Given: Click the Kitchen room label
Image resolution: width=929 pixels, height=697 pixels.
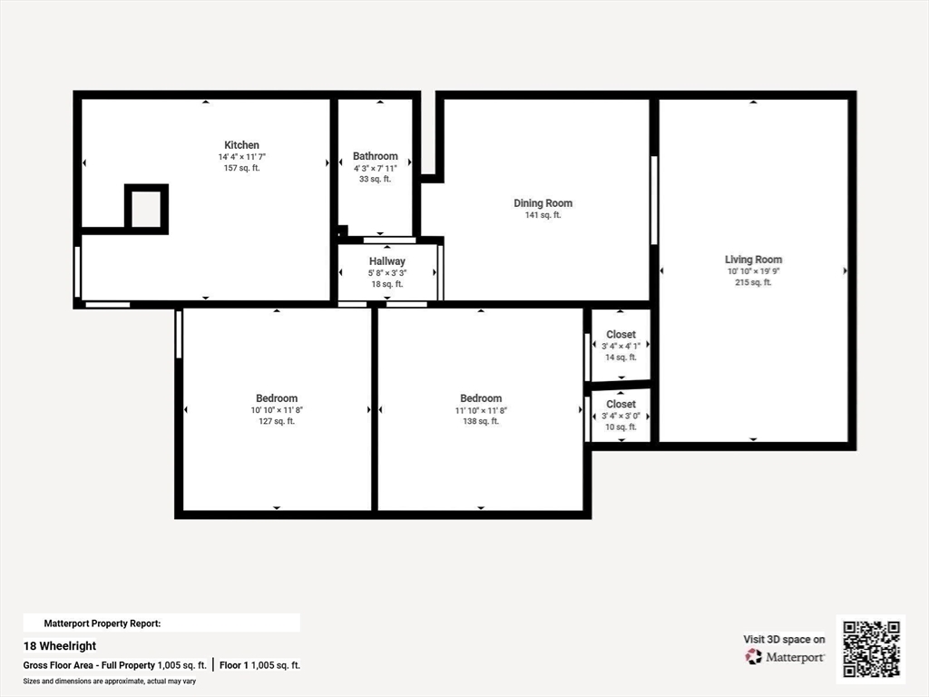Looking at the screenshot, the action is tap(241, 144).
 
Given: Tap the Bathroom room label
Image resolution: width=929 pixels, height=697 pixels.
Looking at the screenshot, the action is tap(375, 156).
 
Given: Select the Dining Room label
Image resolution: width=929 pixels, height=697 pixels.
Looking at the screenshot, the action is tap(543, 202).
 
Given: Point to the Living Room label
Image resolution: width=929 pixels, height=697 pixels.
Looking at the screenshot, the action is tap(753, 259).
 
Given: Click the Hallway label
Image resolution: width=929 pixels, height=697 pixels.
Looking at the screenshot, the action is tap(386, 260).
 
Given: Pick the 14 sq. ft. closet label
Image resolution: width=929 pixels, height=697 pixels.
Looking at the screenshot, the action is tap(621, 334).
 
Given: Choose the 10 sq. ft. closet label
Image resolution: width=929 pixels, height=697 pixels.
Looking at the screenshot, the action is tap(621, 404).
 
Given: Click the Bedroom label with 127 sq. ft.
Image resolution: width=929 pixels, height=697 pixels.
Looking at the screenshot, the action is tap(277, 398).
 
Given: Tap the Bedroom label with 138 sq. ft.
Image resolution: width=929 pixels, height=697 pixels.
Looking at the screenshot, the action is tap(481, 398).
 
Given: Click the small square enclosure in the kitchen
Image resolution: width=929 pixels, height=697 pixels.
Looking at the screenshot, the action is tap(146, 187).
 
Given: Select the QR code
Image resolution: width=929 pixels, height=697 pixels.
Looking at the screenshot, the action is tap(871, 649).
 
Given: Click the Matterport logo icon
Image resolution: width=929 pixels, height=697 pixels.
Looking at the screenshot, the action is tap(754, 657).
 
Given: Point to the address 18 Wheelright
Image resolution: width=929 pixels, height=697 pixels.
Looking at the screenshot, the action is tap(60, 646).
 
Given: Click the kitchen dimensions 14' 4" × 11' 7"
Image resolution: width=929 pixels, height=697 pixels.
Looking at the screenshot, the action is tap(241, 157).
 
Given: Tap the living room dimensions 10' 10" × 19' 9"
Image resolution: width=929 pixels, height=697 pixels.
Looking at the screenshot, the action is tap(754, 271).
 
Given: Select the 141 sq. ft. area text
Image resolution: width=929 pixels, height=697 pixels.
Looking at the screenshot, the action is tap(543, 215).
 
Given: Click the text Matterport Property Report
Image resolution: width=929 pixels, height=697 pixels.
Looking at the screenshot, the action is tap(103, 623).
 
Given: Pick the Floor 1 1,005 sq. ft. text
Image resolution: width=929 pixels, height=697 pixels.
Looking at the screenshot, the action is tap(260, 665).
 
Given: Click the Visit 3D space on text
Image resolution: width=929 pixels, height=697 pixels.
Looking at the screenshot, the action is tap(784, 639).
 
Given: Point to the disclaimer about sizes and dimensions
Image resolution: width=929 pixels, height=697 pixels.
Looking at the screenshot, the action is tap(110, 682).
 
